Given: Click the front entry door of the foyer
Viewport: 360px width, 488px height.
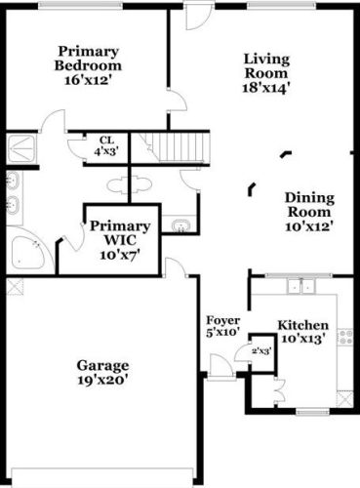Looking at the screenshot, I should tap(219, 372).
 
